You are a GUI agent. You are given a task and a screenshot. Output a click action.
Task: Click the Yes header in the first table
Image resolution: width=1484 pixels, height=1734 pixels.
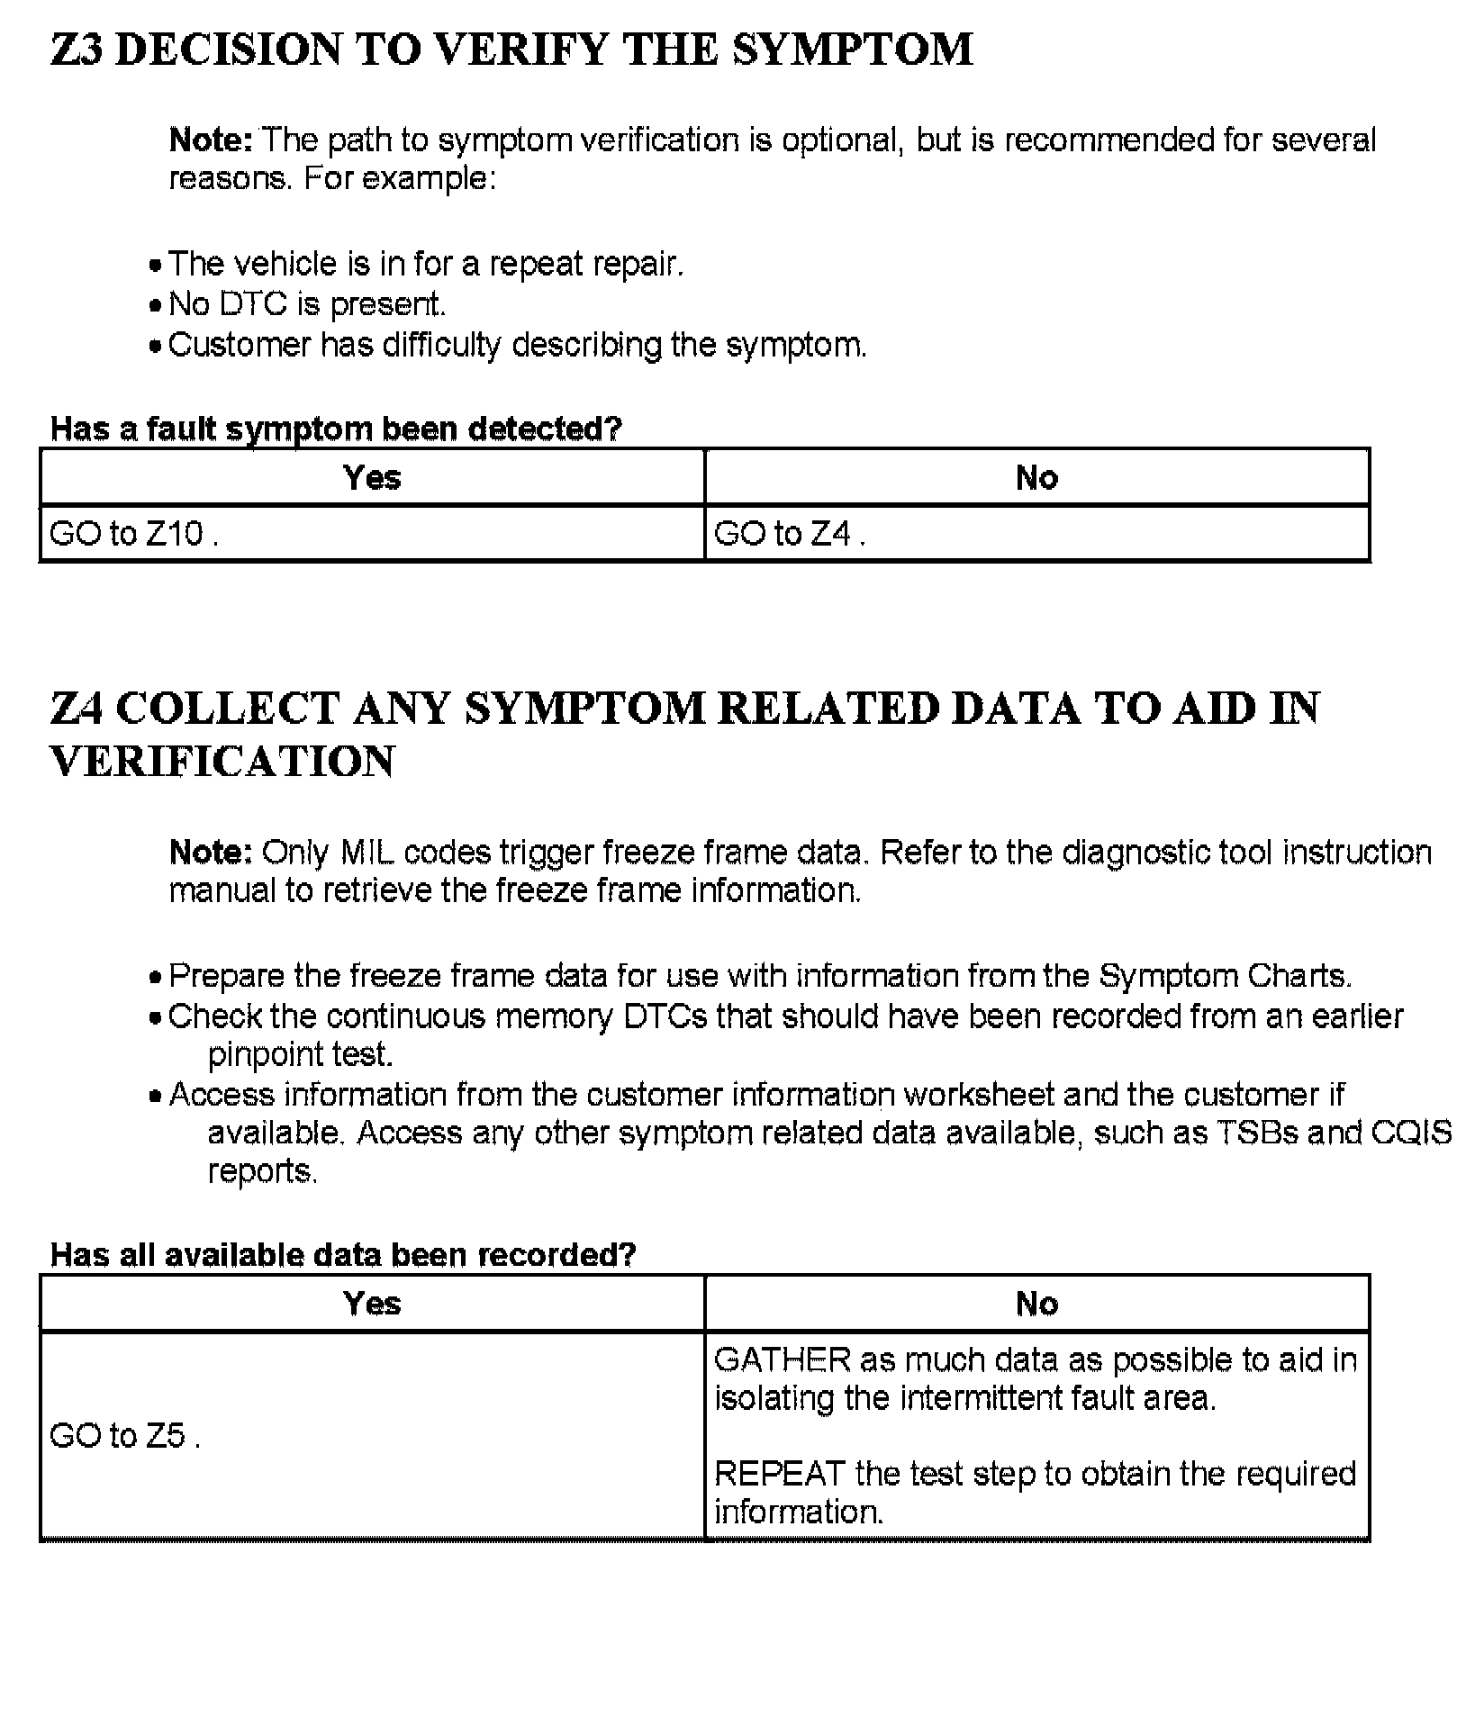point(372,477)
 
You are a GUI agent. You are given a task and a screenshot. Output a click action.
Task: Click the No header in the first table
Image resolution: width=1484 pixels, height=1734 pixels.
point(1036,477)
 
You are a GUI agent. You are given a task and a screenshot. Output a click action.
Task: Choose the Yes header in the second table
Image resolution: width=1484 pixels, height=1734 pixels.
point(372,1303)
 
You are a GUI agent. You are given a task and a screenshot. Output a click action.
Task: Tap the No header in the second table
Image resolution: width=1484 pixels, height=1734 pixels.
point(1036,1303)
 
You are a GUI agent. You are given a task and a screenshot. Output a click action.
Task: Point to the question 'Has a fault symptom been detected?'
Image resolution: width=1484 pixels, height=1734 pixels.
point(336,429)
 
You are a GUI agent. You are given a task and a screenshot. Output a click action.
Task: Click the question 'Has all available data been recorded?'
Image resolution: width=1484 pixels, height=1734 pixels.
point(343,1254)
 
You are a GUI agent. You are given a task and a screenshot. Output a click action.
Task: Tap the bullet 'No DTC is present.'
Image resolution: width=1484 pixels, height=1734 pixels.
point(307,304)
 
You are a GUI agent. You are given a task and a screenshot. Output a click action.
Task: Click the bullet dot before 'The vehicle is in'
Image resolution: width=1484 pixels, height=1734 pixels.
point(157,266)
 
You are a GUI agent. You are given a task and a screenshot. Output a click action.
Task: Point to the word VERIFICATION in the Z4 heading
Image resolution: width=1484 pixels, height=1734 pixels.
point(222,762)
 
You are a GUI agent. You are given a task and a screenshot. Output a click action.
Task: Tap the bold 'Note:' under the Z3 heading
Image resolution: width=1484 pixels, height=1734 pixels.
point(211,140)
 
